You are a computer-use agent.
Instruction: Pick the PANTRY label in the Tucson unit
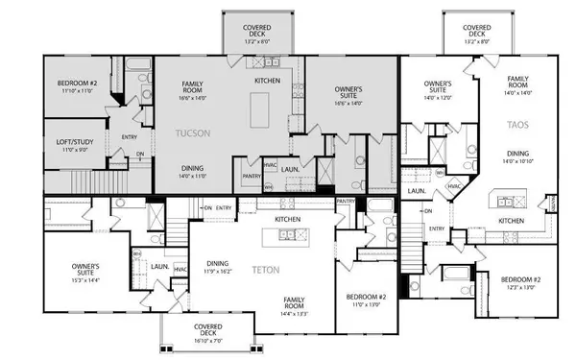point(251,176)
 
